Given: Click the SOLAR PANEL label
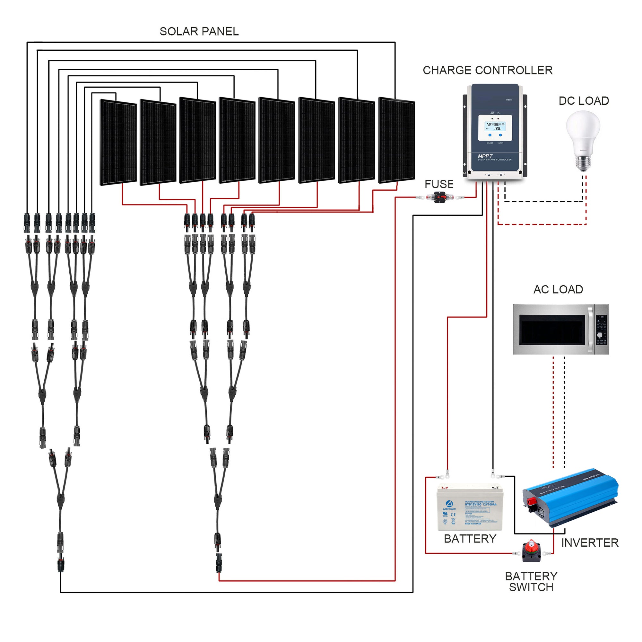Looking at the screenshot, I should [199, 31].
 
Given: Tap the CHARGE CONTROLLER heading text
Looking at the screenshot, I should [487, 70].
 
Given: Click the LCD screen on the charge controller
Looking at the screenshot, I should [494, 128].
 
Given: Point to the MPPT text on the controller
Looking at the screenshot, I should [485, 156].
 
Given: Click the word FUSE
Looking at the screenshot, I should [438, 184].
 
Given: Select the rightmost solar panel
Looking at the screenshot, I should [396, 140].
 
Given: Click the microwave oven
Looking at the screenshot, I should [560, 329].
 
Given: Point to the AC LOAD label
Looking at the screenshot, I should [558, 290].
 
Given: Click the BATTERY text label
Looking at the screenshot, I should [470, 539].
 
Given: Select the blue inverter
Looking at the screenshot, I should [570, 497].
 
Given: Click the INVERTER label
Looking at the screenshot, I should [589, 542].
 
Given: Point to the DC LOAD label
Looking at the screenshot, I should [584, 101].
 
